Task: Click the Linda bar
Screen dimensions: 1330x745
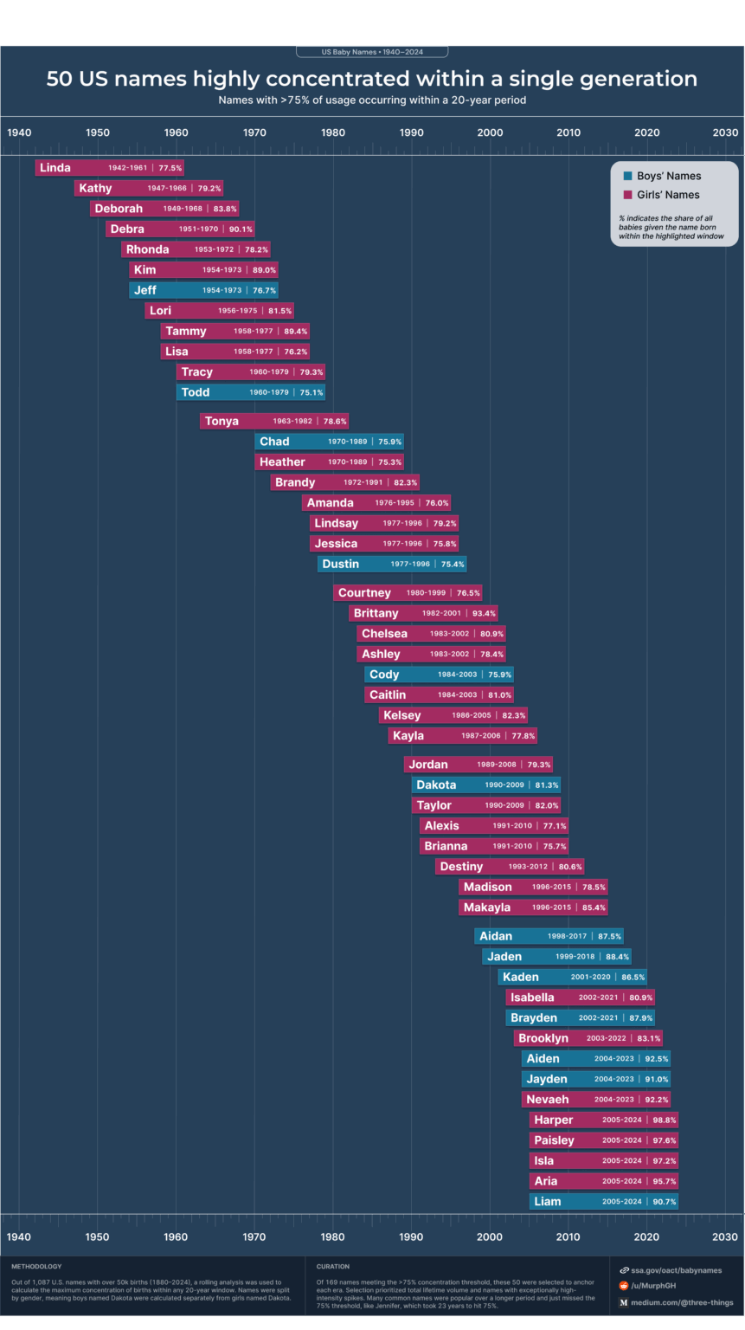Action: [109, 168]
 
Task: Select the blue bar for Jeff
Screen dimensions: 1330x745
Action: [203, 290]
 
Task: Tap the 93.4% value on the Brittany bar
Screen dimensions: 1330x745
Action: [484, 613]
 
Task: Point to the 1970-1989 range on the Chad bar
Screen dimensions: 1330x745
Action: [347, 442]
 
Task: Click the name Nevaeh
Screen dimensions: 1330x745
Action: [547, 1100]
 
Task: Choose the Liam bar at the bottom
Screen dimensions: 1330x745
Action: [603, 1202]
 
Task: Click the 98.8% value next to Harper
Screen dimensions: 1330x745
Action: [665, 1120]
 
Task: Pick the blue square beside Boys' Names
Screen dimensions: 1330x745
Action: [628, 176]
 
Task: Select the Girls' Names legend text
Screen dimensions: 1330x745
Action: [669, 195]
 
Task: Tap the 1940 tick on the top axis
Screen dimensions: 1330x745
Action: [19, 132]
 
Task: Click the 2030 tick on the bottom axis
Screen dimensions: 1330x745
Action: [725, 1236]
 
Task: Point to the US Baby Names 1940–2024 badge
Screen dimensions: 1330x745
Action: [372, 52]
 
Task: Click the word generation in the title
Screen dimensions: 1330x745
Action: [636, 79]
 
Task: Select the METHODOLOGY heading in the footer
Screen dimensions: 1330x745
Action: [36, 1267]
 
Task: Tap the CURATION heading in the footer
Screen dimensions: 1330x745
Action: [333, 1267]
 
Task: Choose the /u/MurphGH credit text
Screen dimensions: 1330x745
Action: [653, 1286]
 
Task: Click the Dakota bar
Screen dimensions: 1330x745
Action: [485, 785]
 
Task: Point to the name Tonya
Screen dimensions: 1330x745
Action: [222, 422]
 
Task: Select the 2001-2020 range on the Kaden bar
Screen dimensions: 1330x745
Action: [590, 978]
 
